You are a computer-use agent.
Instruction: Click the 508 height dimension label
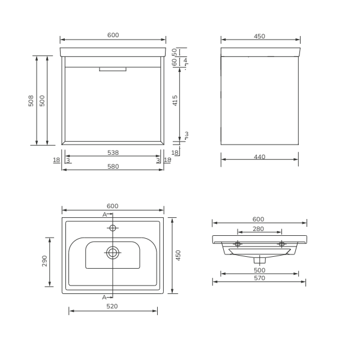tap(31, 101)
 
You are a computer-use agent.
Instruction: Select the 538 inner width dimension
tap(113, 152)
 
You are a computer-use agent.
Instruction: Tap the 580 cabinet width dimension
tap(113, 166)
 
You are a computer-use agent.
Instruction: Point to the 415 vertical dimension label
tap(175, 101)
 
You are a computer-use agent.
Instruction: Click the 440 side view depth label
tap(259, 157)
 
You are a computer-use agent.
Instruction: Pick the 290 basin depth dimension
tap(44, 261)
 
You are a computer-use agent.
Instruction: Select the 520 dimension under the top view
tap(112, 306)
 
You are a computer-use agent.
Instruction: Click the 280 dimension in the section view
tap(258, 229)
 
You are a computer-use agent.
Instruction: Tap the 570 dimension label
tap(259, 278)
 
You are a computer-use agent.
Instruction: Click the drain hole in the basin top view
tap(113, 253)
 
